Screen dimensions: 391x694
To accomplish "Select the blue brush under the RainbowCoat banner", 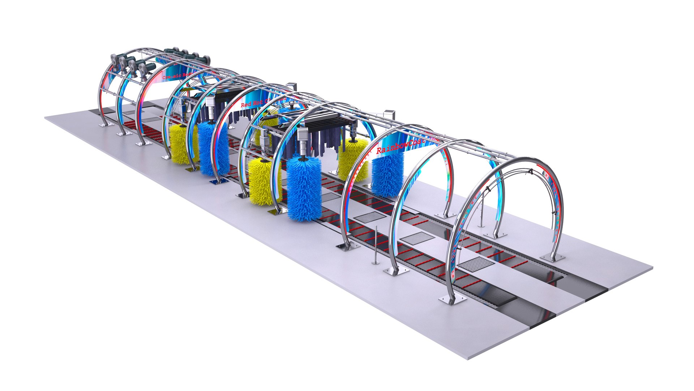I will pyautogui.click(x=387, y=176).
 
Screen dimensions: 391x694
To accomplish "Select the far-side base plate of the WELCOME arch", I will pyautogui.click(x=552, y=257).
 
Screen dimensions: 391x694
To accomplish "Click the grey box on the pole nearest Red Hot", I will pyautogui.click(x=292, y=87).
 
